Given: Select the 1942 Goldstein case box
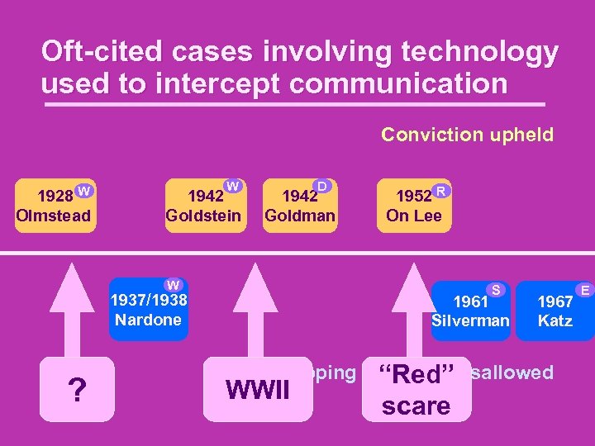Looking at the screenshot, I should pos(203,207).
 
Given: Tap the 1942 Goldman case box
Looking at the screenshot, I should pos(299,207).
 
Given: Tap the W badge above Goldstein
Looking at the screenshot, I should pos(234,187).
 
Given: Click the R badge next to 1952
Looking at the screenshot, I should pos(442,191).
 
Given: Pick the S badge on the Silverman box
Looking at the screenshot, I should pos(496,289).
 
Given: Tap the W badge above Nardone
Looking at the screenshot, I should pos(173,285).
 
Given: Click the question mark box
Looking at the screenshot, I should pos(77,390).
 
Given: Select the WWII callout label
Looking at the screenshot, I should pos(258,389).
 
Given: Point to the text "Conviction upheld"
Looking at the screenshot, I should pos(467,135).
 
